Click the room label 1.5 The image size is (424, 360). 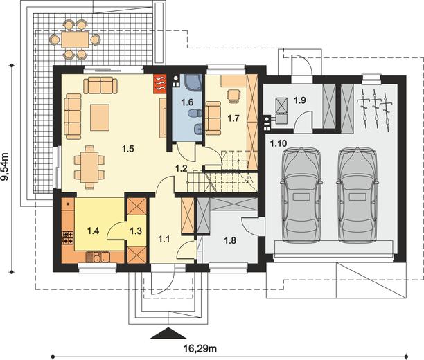pos(128,149)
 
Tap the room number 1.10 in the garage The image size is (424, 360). pos(279,143)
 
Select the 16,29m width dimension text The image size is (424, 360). pos(200,349)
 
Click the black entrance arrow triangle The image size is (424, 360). pos(168,333)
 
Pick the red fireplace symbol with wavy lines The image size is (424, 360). pos(159,84)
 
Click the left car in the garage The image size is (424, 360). pos(301,195)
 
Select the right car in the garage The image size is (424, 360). pos(357,195)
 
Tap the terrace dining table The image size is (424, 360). pos(75,39)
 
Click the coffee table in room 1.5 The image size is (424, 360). pos(100,118)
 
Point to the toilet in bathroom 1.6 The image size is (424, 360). pos(195,114)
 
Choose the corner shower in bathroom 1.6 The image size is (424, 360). pos(193,82)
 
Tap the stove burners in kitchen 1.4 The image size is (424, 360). pos(68,237)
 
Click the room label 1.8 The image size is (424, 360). pos(230,240)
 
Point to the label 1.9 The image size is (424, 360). pos(300,100)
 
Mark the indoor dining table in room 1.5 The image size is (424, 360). pos(89,166)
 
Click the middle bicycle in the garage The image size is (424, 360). pos(375,109)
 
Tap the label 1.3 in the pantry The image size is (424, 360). pos(136,231)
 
